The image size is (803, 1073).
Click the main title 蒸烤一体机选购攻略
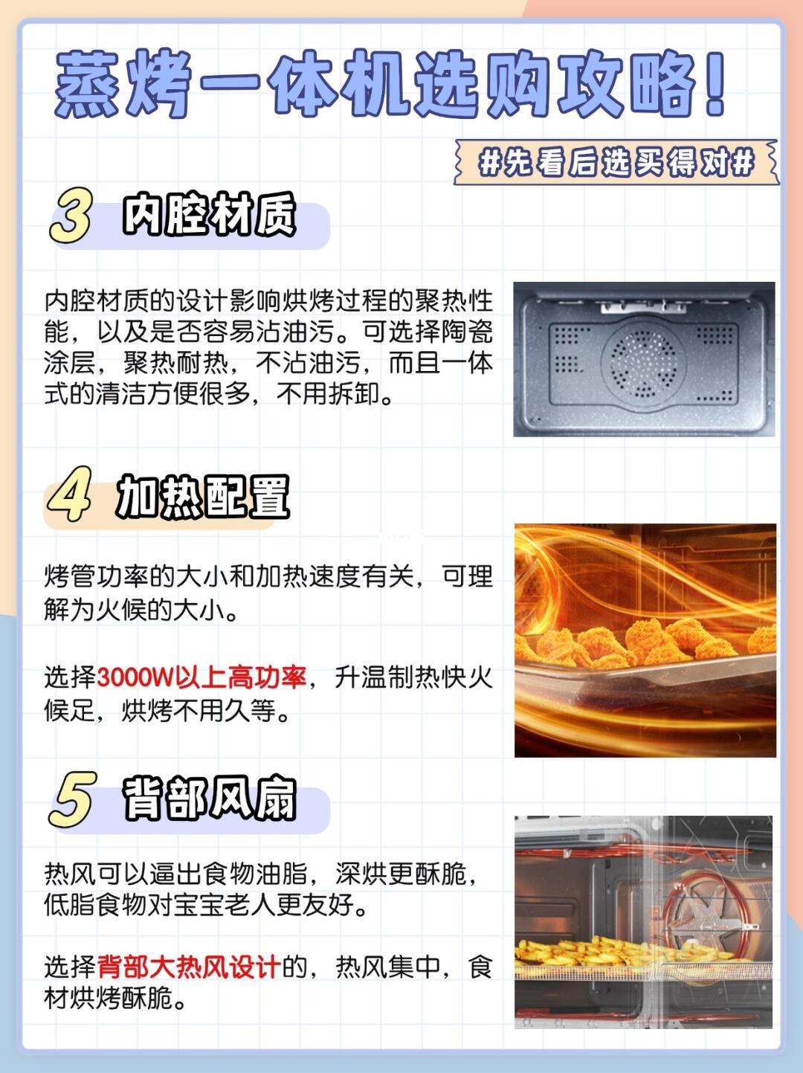click(388, 84)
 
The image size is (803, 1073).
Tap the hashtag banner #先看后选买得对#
click(616, 162)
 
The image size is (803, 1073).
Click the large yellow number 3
click(71, 215)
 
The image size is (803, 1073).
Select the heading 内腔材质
click(210, 214)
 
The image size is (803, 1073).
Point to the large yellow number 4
click(69, 494)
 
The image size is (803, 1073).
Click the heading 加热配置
click(203, 496)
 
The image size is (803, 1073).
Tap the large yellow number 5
click(71, 800)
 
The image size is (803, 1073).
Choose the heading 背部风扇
click(210, 798)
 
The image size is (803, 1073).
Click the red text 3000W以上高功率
click(201, 677)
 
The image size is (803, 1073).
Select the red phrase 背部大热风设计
click(189, 967)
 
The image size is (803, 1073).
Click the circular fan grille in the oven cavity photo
click(643, 363)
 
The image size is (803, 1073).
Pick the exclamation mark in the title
click(714, 83)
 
